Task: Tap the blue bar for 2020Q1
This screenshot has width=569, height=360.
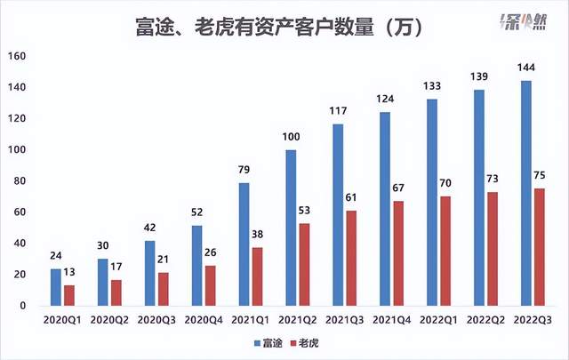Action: (56, 286)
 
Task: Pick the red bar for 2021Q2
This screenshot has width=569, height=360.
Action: (305, 264)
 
